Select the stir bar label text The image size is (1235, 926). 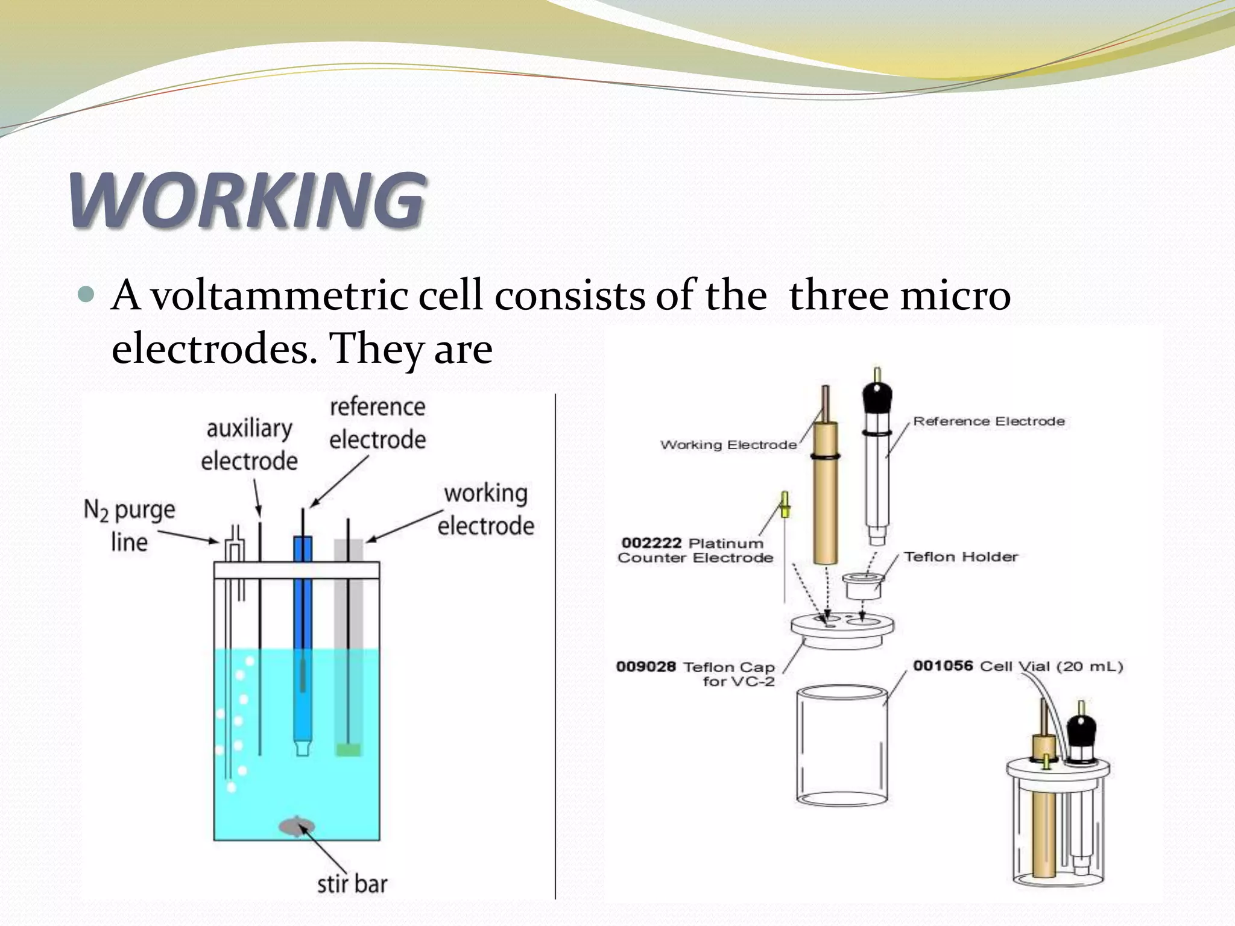[x=352, y=884]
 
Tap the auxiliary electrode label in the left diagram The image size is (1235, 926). [x=250, y=445]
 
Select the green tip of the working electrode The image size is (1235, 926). [x=349, y=749]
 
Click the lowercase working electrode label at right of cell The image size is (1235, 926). [x=486, y=509]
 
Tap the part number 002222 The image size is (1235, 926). [x=651, y=543]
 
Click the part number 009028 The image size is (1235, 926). [x=646, y=667]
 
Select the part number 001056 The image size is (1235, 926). [x=943, y=666]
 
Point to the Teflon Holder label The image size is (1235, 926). [x=961, y=556]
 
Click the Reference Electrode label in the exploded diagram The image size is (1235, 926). [x=989, y=421]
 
